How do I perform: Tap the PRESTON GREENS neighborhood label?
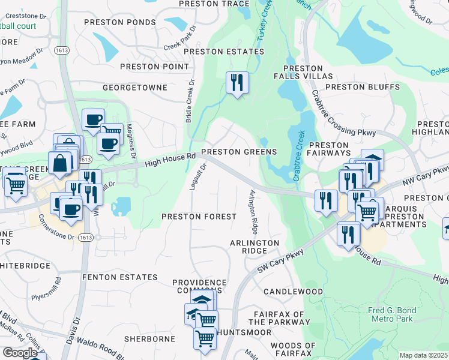click(x=239, y=152)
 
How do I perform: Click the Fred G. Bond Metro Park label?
click(x=390, y=314)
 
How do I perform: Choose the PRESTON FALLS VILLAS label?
click(x=303, y=73)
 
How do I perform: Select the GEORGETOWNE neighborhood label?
click(x=134, y=88)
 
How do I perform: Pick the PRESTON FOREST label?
click(x=199, y=216)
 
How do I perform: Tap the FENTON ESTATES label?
click(x=119, y=278)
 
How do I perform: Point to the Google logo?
click(x=20, y=353)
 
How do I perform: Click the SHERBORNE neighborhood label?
click(x=149, y=339)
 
